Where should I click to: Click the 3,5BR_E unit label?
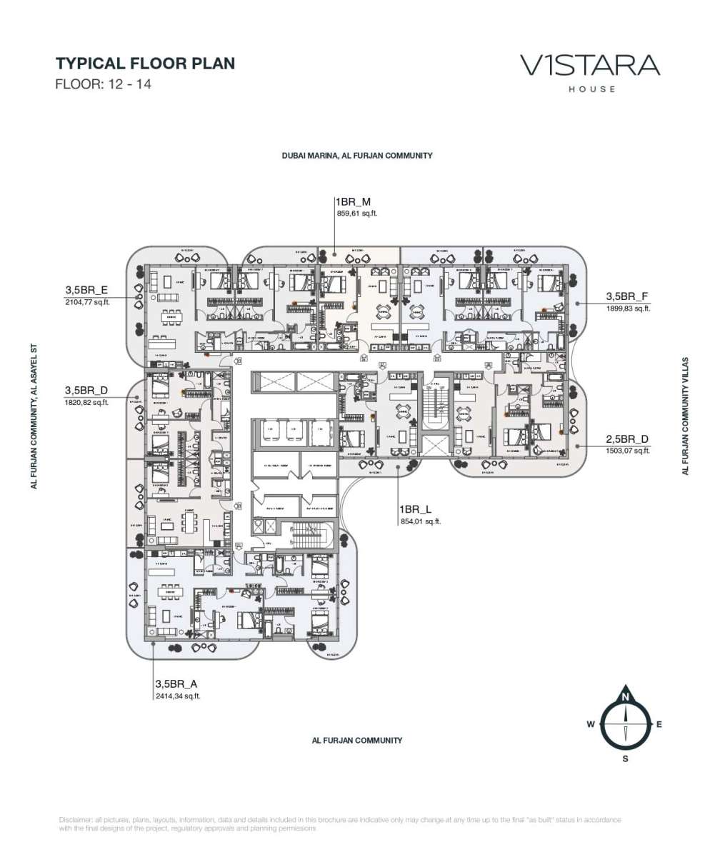(x=86, y=290)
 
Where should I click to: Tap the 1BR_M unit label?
(x=353, y=202)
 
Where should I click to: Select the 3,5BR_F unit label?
(x=627, y=296)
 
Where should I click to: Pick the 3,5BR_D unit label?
(x=86, y=391)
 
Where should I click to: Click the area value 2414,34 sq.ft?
(x=178, y=696)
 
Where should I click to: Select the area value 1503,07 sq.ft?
(x=628, y=451)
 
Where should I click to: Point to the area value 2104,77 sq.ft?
(x=86, y=302)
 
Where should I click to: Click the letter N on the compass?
(x=625, y=697)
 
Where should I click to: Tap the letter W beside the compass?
(x=591, y=724)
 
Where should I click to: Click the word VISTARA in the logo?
(x=590, y=66)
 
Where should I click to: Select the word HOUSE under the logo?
(x=591, y=89)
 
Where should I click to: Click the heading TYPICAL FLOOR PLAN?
(x=145, y=63)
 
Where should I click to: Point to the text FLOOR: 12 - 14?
(x=104, y=84)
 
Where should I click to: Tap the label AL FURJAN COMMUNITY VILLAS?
(x=685, y=416)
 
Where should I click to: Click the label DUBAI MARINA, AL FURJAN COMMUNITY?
(x=356, y=155)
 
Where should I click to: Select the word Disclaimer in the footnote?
(x=75, y=819)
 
